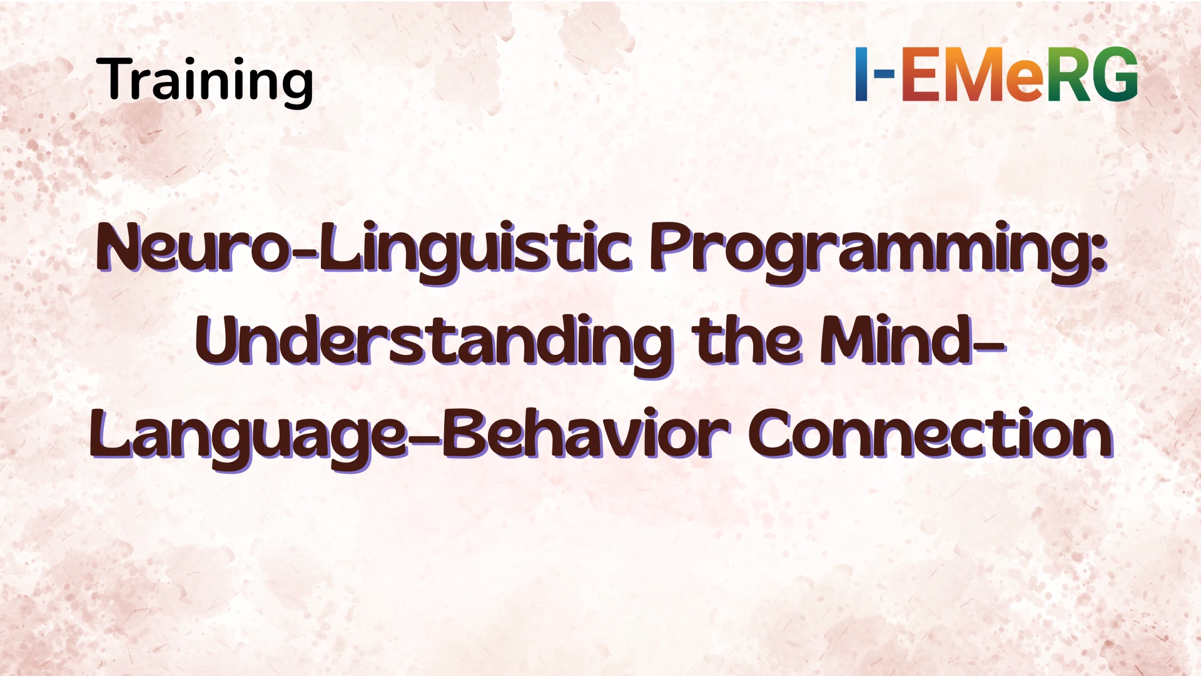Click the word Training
[205, 80]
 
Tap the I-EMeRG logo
[996, 74]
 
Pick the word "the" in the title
[747, 341]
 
